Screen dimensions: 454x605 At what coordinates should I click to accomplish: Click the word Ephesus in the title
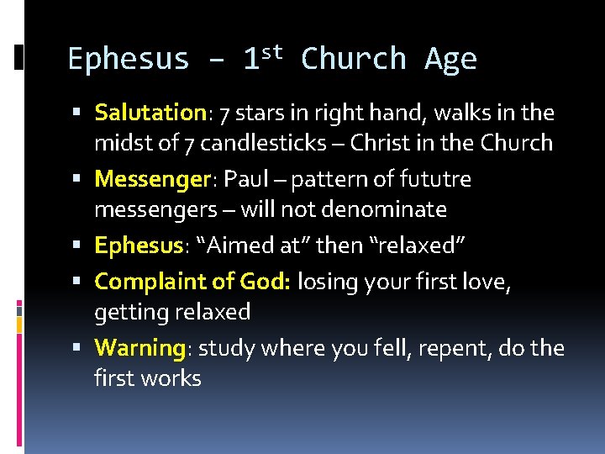[129, 60]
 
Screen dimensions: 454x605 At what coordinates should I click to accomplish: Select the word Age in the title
[451, 60]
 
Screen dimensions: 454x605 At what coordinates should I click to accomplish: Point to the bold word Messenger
[151, 179]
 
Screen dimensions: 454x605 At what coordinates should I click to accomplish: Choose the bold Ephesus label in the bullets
[138, 245]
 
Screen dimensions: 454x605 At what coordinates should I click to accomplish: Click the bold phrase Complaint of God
[192, 281]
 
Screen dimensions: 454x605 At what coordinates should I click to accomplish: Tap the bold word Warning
[139, 347]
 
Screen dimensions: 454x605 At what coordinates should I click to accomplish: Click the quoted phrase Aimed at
[243, 245]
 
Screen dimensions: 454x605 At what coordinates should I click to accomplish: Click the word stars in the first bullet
[262, 113]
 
